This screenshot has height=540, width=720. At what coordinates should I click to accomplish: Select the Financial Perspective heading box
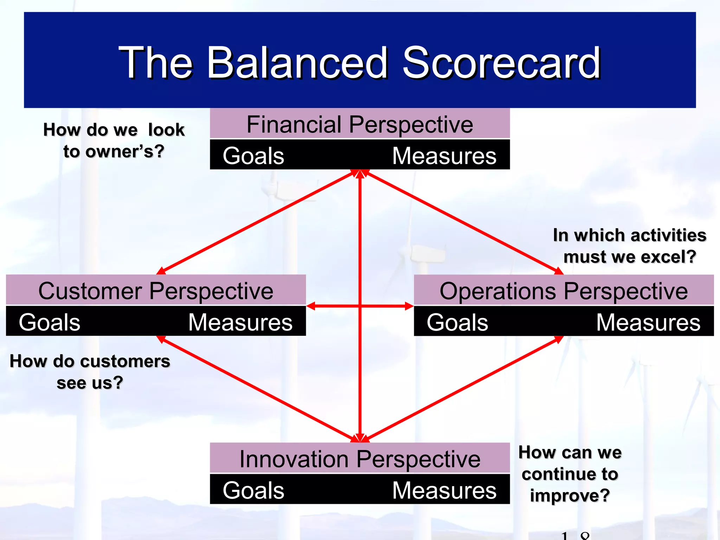pos(360,124)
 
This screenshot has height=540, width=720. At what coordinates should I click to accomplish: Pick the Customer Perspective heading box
pos(156,291)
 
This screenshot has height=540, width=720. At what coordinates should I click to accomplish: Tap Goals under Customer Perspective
pos(49,322)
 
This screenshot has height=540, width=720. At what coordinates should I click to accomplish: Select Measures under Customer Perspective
pos(240,322)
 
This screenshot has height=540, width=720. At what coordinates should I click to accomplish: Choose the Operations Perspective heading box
pos(564,291)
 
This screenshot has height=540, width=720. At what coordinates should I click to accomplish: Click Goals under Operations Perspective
pos(457,322)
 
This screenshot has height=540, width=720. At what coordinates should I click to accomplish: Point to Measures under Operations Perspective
pos(648,322)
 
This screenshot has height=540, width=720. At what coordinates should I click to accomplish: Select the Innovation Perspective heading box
pos(360,459)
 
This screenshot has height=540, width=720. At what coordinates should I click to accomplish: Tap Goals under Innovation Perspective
pos(253,490)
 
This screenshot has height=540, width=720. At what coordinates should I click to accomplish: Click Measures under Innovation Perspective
pos(444,490)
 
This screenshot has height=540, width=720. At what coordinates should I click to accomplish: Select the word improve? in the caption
pos(570,495)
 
